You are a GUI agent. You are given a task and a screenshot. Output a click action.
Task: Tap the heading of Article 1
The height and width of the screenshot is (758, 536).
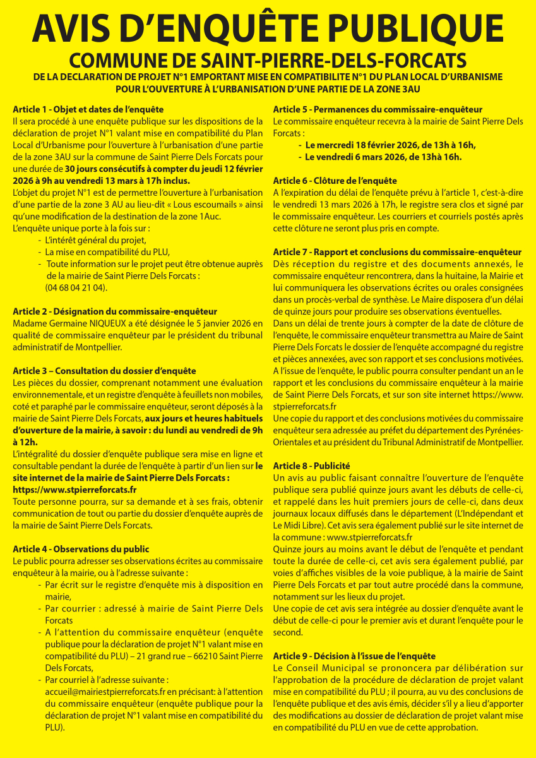click(x=88, y=109)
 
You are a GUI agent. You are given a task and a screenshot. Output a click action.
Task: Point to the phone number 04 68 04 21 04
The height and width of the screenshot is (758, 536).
click(x=76, y=287)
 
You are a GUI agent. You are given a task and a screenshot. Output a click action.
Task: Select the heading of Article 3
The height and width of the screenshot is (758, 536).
click(x=104, y=371)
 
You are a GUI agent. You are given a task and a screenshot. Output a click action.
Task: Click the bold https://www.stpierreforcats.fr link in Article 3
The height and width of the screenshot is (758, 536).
click(x=75, y=490)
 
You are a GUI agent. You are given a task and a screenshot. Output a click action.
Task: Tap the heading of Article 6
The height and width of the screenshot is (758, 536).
click(x=335, y=181)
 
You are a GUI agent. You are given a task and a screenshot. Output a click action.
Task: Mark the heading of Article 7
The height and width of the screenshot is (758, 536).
click(x=397, y=252)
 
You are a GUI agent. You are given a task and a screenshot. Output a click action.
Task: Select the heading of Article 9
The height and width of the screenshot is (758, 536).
click(x=354, y=656)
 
